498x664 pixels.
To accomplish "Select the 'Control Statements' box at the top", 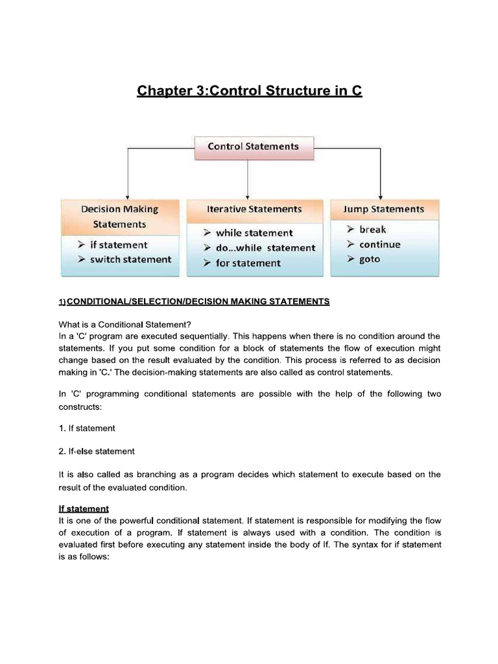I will pyautogui.click(x=254, y=147).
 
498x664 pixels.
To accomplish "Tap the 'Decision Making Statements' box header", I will pyautogui.click(x=119, y=217).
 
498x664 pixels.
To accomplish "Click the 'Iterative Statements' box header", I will pyautogui.click(x=254, y=209).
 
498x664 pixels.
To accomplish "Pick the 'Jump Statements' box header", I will pyautogui.click(x=384, y=209).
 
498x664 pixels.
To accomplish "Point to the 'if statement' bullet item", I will pyautogui.click(x=118, y=245).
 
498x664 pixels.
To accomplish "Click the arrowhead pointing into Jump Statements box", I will pyautogui.click(x=380, y=195).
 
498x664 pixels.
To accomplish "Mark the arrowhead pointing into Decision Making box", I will pyautogui.click(x=128, y=195).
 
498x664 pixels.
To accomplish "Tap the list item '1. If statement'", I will pyautogui.click(x=87, y=428).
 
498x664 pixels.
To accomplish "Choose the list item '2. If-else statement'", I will pyautogui.click(x=97, y=451).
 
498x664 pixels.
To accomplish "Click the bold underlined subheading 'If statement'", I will pyautogui.click(x=84, y=508).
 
